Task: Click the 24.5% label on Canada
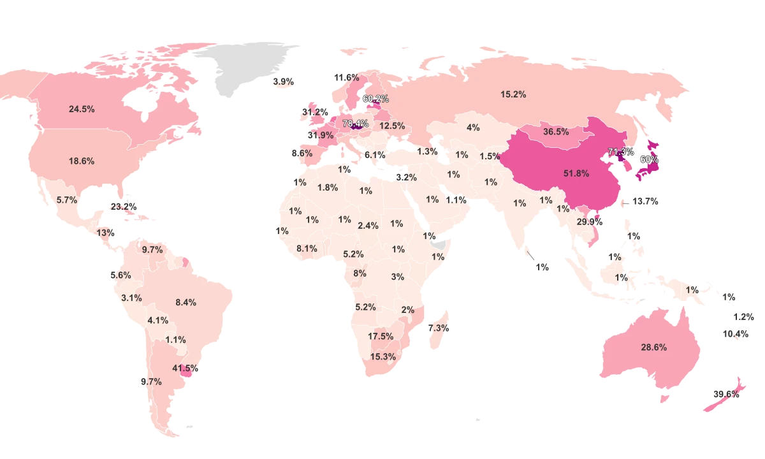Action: pyautogui.click(x=82, y=109)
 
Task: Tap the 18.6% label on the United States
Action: pyautogui.click(x=82, y=161)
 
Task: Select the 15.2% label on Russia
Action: pyautogui.click(x=513, y=94)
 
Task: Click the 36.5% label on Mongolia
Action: pyautogui.click(x=556, y=132)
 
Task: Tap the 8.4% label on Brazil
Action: pyautogui.click(x=186, y=302)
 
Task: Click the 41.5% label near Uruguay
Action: pyautogui.click(x=185, y=368)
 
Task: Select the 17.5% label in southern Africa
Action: pyautogui.click(x=381, y=336)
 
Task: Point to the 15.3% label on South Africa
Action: pyautogui.click(x=383, y=356)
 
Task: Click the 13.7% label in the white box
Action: pyautogui.click(x=645, y=201)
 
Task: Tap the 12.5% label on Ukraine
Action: pyautogui.click(x=392, y=126)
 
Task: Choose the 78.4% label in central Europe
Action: pyautogui.click(x=356, y=123)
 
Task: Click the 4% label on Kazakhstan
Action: pyautogui.click(x=473, y=127)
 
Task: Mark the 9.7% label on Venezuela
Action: pyautogui.click(x=152, y=249)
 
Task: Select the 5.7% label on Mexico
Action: pyautogui.click(x=67, y=200)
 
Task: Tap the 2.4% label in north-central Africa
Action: pyautogui.click(x=368, y=225)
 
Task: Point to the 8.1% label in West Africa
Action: pyautogui.click(x=307, y=249)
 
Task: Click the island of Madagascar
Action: pyautogui.click(x=437, y=331)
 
